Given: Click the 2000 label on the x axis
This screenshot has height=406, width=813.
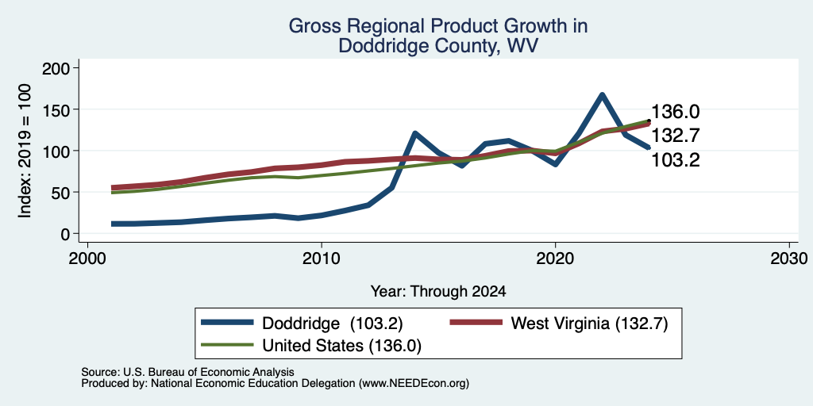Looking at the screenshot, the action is pyautogui.click(x=87, y=258).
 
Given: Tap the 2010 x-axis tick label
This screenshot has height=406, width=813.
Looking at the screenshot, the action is pyautogui.click(x=322, y=258).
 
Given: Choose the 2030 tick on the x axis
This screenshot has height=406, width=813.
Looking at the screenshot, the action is pyautogui.click(x=789, y=258).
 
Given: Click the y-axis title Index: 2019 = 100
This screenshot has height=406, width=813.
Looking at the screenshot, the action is pyautogui.click(x=25, y=151).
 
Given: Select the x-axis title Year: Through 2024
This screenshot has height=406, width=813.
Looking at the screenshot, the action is pyautogui.click(x=438, y=292).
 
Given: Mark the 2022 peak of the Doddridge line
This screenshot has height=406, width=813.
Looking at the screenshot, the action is pyautogui.click(x=602, y=95).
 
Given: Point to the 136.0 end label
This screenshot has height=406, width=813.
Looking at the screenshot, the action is pyautogui.click(x=675, y=111).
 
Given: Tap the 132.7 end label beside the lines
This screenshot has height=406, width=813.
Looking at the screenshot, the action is pyautogui.click(x=675, y=135).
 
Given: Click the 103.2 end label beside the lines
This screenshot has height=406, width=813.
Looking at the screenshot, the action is pyautogui.click(x=675, y=160).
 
